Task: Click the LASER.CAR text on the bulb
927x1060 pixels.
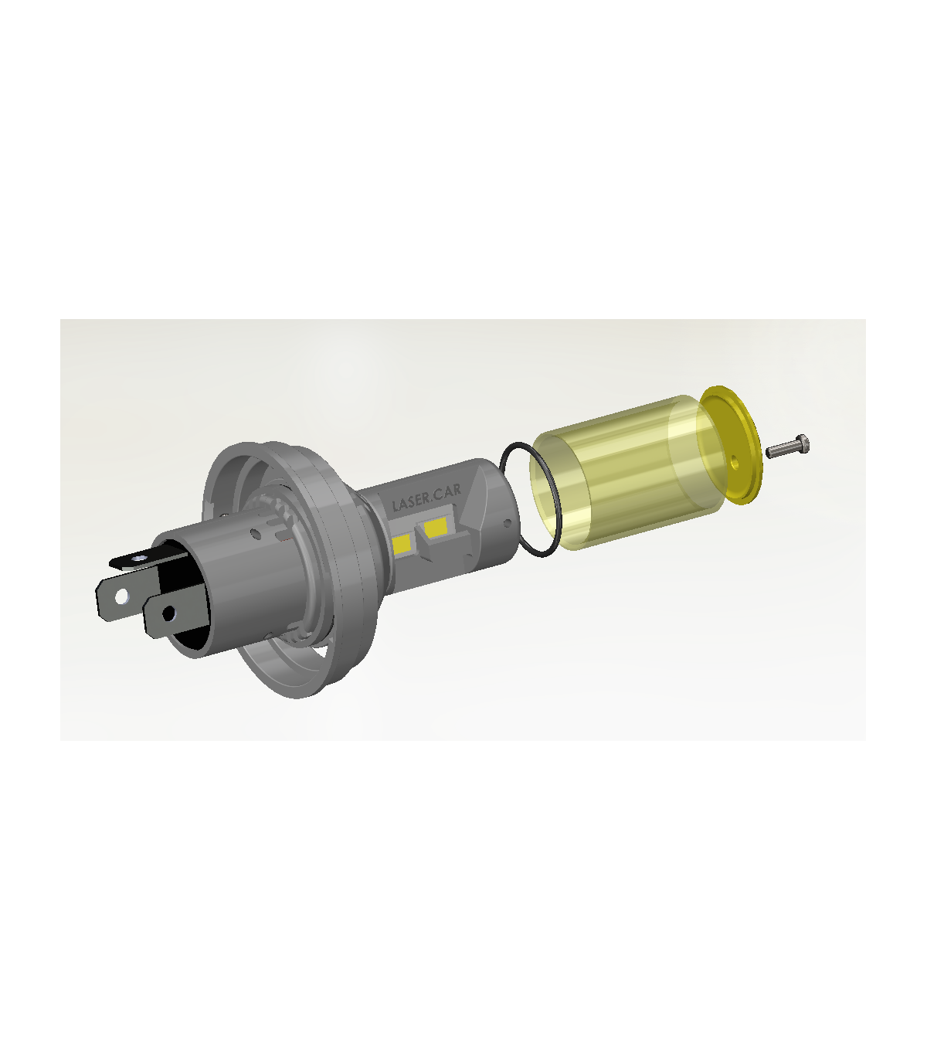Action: pos(426,498)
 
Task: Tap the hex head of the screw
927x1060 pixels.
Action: pos(803,444)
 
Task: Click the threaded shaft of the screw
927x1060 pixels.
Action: pos(782,449)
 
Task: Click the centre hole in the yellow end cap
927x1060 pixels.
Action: pos(735,461)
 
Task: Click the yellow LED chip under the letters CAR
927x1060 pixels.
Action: pos(435,527)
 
